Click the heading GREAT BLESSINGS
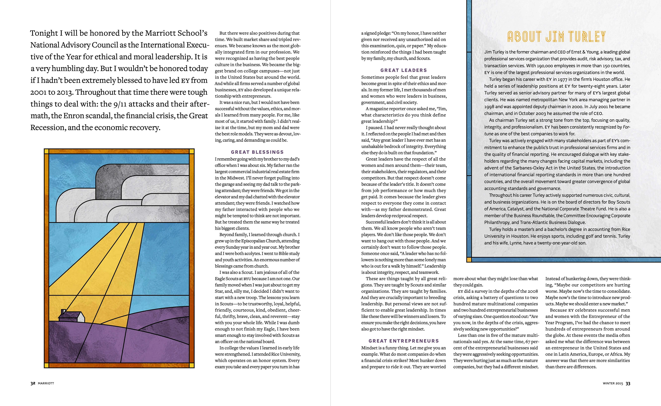pos(257,152)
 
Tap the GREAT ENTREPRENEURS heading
pos(403,341)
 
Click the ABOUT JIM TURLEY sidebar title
pos(557,37)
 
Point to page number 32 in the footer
pos(33,383)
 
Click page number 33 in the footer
pos(628,383)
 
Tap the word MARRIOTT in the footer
pos(46,383)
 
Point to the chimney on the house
pos(63,312)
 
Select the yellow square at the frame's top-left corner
pos(46,151)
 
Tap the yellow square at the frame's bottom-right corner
pos(192,365)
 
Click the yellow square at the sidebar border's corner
pos(469,260)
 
